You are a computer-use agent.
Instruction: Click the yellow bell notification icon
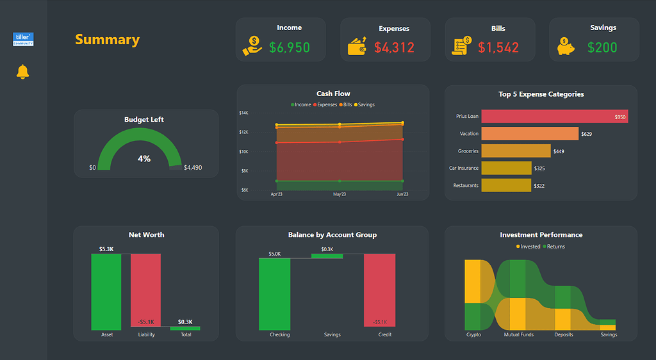point(22,72)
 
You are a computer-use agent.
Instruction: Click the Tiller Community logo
point(23,39)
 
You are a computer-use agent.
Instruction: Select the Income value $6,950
point(290,47)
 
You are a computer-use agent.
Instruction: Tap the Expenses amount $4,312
point(394,47)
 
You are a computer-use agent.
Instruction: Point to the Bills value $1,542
point(498,47)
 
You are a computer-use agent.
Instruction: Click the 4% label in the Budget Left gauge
point(144,158)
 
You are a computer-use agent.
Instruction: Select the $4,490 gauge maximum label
point(193,168)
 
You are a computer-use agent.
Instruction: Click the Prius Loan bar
point(554,117)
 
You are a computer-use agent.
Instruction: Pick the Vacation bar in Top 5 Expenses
point(529,134)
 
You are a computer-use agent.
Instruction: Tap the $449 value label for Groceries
point(559,151)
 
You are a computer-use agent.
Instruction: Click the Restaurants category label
point(466,186)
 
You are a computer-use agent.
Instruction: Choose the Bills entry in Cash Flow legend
point(345,104)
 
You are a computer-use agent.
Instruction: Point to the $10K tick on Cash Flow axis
point(244,152)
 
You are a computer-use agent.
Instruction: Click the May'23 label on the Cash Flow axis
point(340,194)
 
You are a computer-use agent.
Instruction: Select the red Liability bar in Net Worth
point(146,290)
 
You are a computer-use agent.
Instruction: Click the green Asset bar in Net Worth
point(106,291)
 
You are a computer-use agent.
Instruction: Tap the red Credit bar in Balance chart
point(380,291)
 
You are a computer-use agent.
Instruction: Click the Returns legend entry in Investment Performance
point(553,247)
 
